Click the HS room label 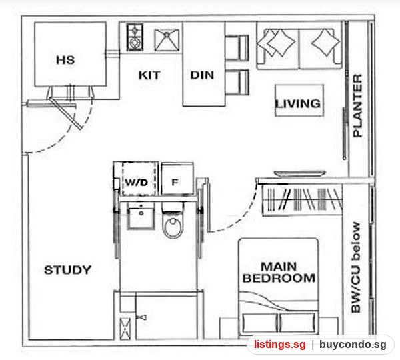click(x=65, y=60)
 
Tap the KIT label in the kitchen click(x=149, y=75)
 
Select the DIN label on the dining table click(x=202, y=75)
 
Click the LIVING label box click(x=299, y=101)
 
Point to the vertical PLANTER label click(x=357, y=105)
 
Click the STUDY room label click(x=67, y=270)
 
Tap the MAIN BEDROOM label click(x=279, y=272)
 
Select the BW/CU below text click(x=356, y=267)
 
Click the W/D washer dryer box click(x=137, y=179)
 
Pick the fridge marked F click(x=177, y=179)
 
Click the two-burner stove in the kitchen click(x=135, y=37)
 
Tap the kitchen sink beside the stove click(x=167, y=40)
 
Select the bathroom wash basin click(x=141, y=217)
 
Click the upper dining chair click(x=237, y=48)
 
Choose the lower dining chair click(x=237, y=83)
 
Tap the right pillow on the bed click(x=297, y=323)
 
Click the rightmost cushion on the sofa click(x=326, y=42)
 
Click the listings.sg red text click(x=279, y=345)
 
